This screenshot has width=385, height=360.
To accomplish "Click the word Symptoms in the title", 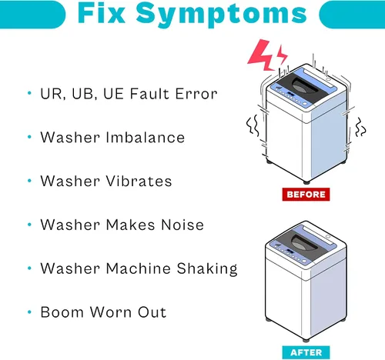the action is pyautogui.click(x=221, y=14).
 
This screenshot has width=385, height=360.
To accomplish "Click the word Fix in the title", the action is pyautogui.click(x=102, y=12).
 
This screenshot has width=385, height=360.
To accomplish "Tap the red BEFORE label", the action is pyautogui.click(x=306, y=195).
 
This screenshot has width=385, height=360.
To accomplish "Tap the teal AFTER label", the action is pyautogui.click(x=306, y=352).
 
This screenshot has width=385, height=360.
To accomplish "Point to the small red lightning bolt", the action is pyautogui.click(x=282, y=55).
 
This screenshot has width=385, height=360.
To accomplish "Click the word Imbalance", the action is pyautogui.click(x=146, y=137).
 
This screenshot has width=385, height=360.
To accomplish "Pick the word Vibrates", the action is pyautogui.click(x=139, y=181).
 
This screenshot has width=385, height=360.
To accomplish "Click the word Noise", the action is pyautogui.click(x=182, y=225).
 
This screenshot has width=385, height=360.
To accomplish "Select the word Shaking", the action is pyautogui.click(x=207, y=268).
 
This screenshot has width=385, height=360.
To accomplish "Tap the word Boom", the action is pyautogui.click(x=62, y=312).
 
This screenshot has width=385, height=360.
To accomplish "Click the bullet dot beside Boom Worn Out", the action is pyautogui.click(x=29, y=312).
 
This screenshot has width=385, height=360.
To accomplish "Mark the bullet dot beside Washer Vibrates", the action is pyautogui.click(x=29, y=181).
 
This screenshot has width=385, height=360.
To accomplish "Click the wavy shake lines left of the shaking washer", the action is pyautogui.click(x=253, y=125).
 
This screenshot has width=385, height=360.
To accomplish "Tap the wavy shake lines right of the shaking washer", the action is pyautogui.click(x=360, y=127).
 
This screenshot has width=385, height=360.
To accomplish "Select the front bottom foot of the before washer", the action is pyautogui.click(x=306, y=182).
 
